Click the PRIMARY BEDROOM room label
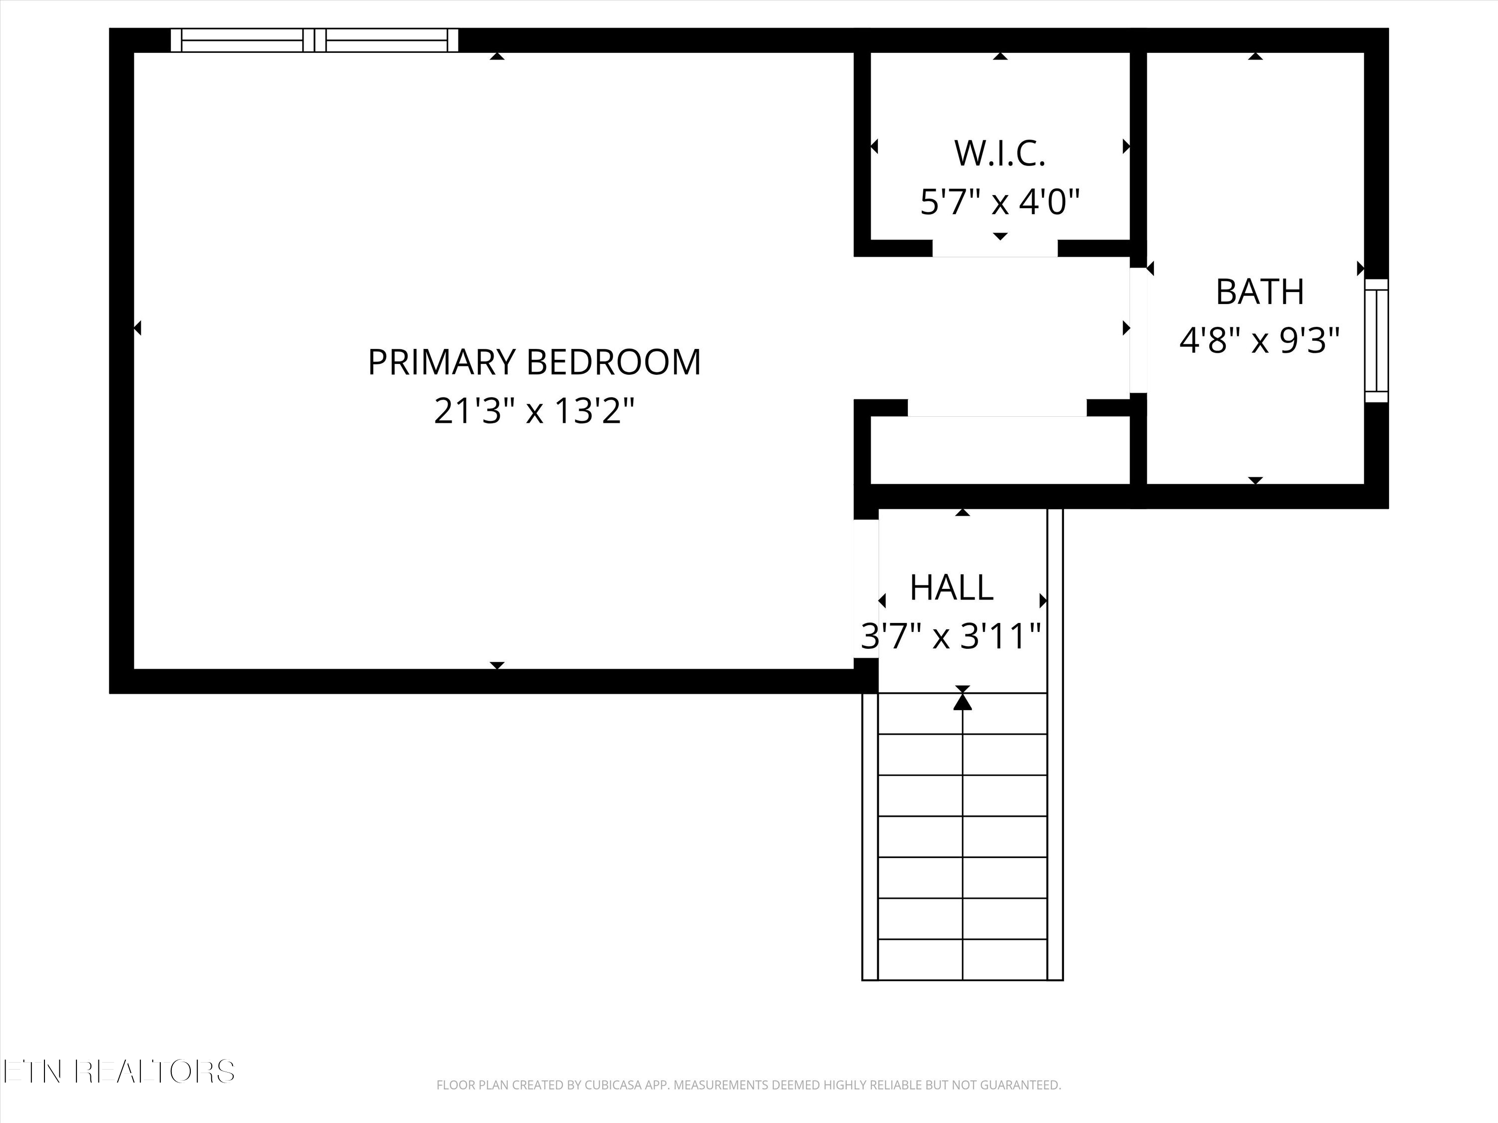[534, 362]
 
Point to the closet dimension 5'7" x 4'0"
[1000, 202]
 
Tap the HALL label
[952, 587]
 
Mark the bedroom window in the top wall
[314, 40]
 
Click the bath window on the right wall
[1376, 340]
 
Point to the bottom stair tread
[962, 959]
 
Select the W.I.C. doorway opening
[995, 249]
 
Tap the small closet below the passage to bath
[1000, 450]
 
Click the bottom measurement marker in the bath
[1255, 480]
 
